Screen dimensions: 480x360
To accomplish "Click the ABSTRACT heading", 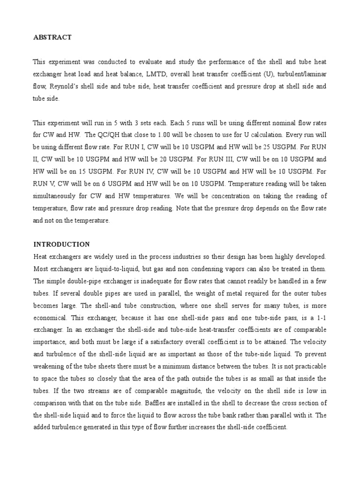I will (52, 37).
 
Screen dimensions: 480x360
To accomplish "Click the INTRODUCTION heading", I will (61, 244).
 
